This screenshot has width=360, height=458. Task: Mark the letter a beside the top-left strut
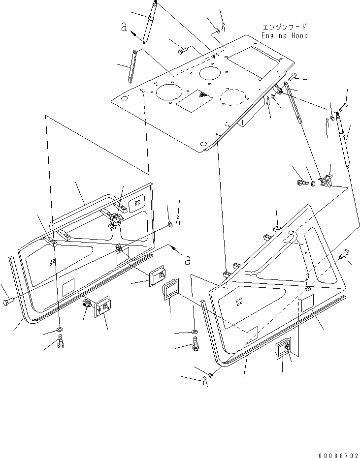[125, 28]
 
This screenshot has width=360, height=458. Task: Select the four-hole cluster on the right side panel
[239, 301]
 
